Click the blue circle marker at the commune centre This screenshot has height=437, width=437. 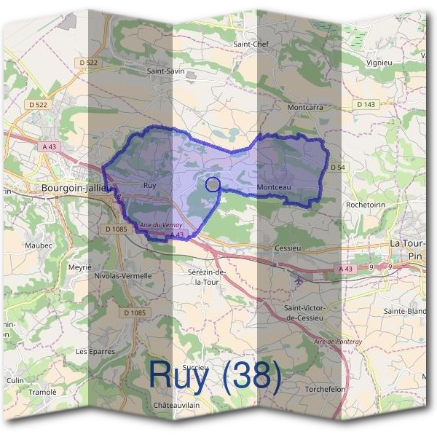coord(213,184)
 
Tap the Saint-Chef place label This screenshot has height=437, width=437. coord(252,44)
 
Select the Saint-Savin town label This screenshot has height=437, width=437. coord(165,71)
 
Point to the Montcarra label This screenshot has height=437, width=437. coord(305,107)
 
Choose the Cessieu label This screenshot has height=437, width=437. coord(288,248)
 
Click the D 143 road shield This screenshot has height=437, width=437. coord(366,105)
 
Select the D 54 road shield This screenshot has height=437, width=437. coord(337,168)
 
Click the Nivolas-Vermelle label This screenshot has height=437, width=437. coord(123,276)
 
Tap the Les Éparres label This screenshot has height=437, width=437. coord(95,351)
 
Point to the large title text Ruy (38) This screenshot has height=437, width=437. coord(215,374)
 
